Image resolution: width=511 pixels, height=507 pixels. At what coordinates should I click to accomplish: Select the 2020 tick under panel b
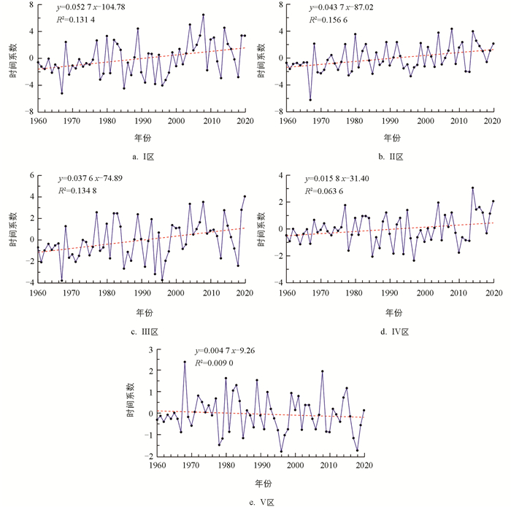point(493,120)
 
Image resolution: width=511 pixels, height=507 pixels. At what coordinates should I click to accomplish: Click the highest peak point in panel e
point(185,362)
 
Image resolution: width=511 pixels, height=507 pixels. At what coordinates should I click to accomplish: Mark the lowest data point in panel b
point(310,100)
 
